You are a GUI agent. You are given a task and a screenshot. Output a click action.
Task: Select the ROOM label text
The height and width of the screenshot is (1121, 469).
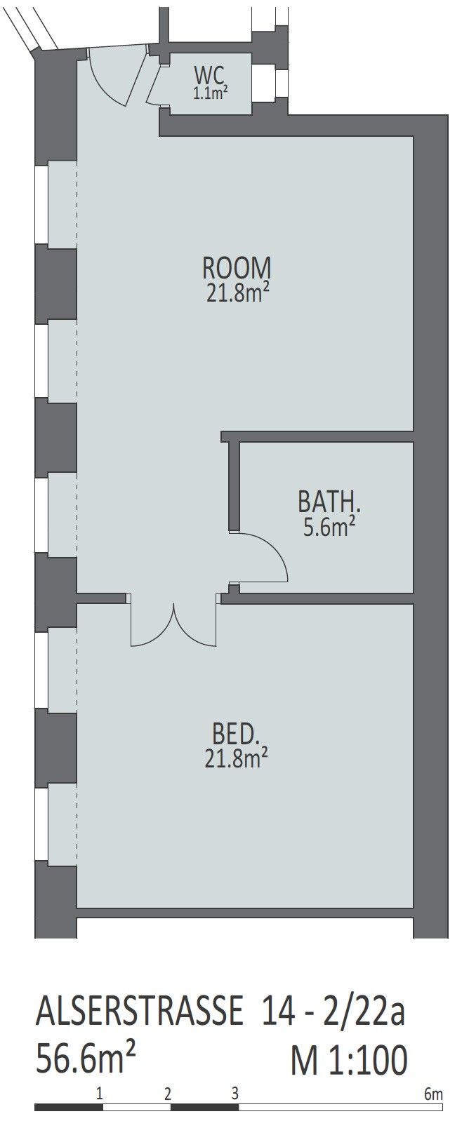point(237,268)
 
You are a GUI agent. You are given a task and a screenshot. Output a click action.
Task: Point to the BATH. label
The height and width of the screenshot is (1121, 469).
point(329,502)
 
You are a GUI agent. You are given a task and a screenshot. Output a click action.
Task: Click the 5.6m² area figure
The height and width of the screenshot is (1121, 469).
point(329,526)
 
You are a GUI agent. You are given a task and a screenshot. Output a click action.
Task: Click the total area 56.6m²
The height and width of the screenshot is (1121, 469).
point(86,1057)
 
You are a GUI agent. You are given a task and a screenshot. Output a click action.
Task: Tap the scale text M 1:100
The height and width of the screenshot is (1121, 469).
point(349,1059)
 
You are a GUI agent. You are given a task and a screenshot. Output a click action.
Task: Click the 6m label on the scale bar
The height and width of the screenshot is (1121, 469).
point(433,1094)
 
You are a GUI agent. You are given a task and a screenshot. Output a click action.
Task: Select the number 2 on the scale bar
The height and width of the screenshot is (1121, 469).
point(168,1094)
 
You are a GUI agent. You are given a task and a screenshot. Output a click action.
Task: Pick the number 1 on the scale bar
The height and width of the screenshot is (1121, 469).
point(100,1094)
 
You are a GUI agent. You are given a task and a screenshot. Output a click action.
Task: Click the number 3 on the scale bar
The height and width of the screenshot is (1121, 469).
point(235,1094)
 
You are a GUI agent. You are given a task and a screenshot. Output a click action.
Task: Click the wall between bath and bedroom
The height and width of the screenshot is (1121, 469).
point(317,598)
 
